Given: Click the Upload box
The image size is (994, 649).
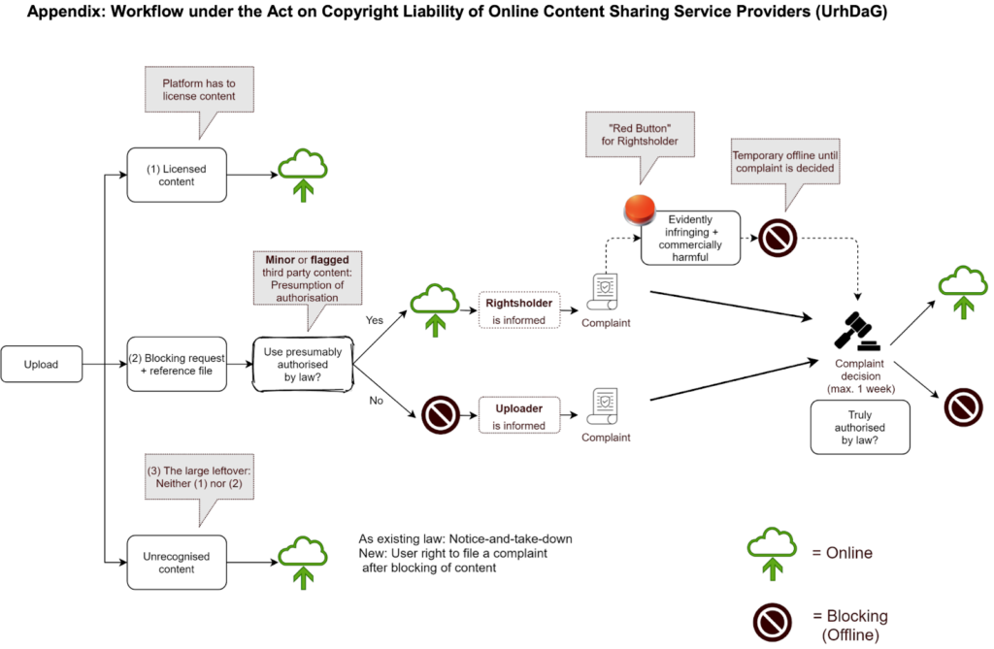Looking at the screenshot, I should click(x=42, y=364).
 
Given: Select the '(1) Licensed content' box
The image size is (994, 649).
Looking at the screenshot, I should click(x=176, y=175).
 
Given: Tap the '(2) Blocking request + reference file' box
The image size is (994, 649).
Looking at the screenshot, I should click(x=176, y=364).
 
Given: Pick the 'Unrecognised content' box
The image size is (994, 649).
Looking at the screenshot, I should click(x=176, y=562).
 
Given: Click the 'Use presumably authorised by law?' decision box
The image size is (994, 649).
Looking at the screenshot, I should click(x=301, y=364).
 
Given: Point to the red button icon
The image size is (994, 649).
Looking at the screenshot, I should click(x=640, y=208).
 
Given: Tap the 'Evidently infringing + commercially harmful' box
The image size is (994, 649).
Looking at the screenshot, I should click(x=691, y=238).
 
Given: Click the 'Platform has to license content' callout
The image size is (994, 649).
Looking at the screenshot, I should click(x=198, y=90).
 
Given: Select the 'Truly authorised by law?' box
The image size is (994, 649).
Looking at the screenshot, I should click(x=861, y=428).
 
